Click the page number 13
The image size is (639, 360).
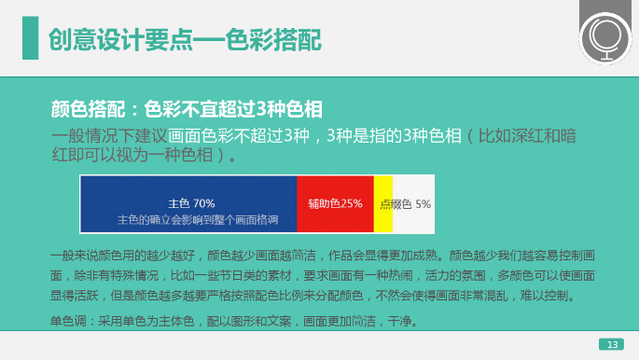click(x=611, y=345)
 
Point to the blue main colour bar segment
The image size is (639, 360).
click(x=188, y=203)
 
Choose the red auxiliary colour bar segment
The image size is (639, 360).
click(x=335, y=203)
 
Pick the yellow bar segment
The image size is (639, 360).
click(x=382, y=203)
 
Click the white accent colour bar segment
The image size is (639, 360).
click(x=414, y=203)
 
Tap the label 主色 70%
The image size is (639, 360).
click(x=191, y=202)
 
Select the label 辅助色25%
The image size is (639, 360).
click(x=335, y=203)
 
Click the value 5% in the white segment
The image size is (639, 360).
click(x=423, y=203)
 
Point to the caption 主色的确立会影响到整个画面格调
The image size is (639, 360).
click(x=198, y=219)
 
